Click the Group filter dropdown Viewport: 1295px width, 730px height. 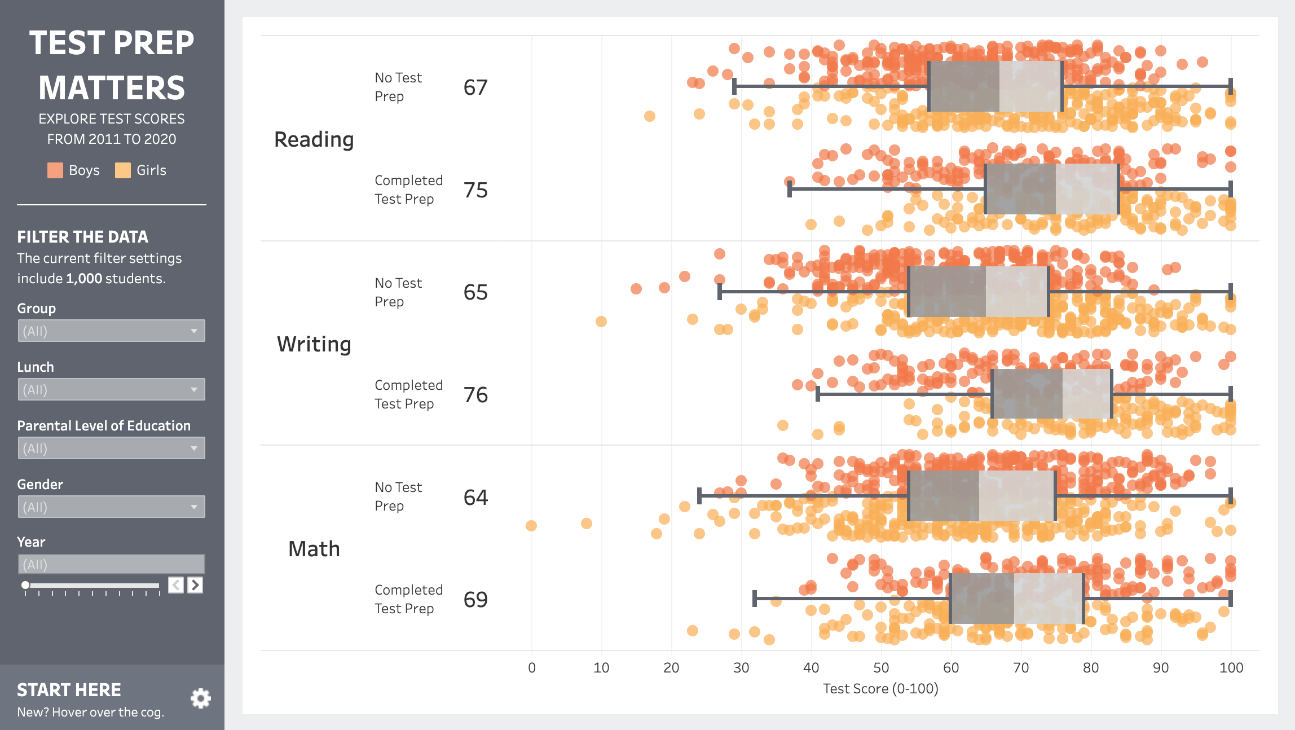click(111, 331)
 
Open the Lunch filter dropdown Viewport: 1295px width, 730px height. click(111, 389)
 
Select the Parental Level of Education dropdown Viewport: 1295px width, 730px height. click(111, 448)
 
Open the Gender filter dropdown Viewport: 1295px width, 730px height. click(111, 507)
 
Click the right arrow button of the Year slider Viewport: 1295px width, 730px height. click(195, 585)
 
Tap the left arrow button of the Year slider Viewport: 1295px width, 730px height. click(176, 585)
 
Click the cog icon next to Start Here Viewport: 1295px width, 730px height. click(201, 698)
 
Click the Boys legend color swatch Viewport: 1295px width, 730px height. click(55, 170)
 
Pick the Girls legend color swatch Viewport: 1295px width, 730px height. click(123, 170)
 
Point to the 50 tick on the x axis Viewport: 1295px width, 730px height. click(881, 668)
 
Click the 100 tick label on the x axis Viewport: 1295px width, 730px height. click(1231, 668)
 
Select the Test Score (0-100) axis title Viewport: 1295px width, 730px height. click(881, 689)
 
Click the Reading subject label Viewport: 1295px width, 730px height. click(314, 139)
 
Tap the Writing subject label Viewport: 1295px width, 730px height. click(314, 344)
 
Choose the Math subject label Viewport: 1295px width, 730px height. click(314, 549)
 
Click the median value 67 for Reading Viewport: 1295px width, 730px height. click(475, 87)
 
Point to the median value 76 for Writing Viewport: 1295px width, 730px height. click(475, 395)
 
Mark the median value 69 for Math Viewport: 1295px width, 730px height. click(475, 599)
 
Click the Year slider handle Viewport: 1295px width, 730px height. click(25, 585)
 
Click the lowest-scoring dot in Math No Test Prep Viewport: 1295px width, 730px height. click(531, 526)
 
